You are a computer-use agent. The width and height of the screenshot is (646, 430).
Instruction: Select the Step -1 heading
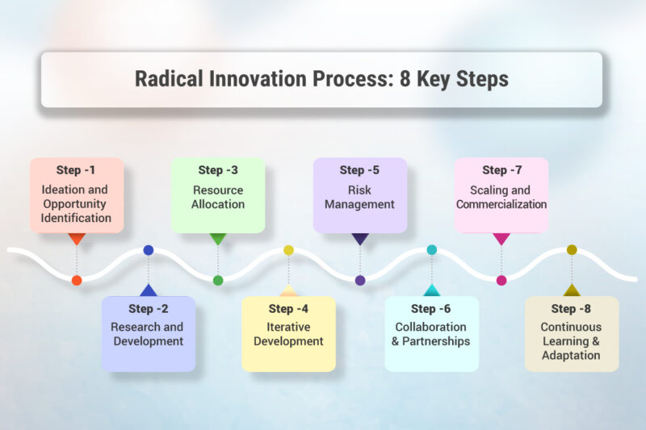coord(77,170)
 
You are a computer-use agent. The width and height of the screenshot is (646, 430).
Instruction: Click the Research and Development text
coord(147,334)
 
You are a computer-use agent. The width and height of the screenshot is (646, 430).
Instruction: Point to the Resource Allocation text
coord(218,198)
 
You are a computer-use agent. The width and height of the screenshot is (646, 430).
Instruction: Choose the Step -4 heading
coord(288,309)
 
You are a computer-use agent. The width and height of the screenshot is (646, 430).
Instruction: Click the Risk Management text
coord(359,198)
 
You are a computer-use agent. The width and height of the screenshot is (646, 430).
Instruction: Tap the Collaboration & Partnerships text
coord(430,334)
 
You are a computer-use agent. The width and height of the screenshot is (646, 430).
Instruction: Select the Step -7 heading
coord(501,170)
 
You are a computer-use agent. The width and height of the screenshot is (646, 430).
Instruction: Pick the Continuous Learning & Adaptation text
coord(571,341)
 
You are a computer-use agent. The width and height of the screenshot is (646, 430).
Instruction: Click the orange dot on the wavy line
coord(77,281)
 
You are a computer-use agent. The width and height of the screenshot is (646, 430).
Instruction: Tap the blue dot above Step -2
coord(148,250)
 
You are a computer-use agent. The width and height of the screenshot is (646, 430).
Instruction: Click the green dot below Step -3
coord(218,281)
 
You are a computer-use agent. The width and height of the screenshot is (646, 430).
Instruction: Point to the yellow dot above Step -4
coord(288,250)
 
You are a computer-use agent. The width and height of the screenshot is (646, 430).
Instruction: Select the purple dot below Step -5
coord(360,281)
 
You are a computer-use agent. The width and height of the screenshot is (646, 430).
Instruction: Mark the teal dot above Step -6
coord(431,250)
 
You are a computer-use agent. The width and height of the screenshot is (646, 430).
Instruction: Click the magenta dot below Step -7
coord(501,281)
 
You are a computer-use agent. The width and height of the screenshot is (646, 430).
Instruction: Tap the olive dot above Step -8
coord(572,250)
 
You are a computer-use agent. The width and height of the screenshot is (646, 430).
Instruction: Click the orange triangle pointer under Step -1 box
coord(77,238)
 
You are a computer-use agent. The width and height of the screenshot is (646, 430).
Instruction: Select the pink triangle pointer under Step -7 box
coord(501,238)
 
